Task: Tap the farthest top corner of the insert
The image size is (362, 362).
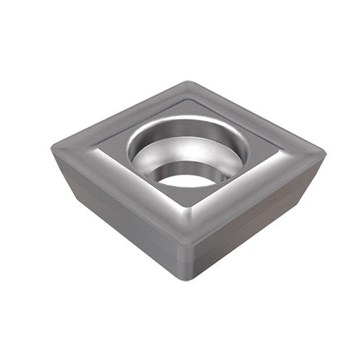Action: [x=190, y=83]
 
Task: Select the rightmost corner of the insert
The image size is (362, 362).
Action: [x=324, y=153]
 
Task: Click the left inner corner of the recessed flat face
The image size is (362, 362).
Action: [x=98, y=151]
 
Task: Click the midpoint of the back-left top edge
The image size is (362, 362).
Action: [x=119, y=116]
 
